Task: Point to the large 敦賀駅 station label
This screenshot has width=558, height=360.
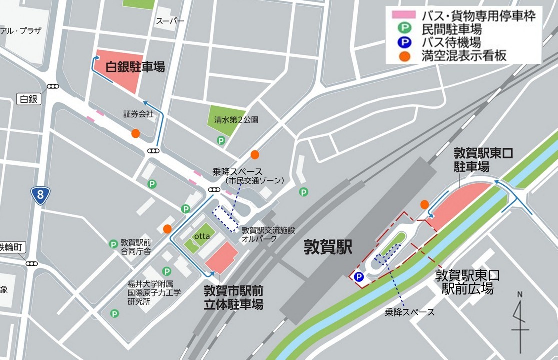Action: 328,247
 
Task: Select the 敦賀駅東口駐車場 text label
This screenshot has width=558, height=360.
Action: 483,159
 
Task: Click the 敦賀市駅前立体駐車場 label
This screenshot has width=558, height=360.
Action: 234,298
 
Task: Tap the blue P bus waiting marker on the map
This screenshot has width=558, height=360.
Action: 358,277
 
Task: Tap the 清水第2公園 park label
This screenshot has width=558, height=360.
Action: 236,120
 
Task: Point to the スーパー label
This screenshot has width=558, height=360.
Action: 170,21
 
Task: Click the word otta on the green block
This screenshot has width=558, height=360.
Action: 201,236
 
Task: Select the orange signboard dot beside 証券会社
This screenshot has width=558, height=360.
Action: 135,133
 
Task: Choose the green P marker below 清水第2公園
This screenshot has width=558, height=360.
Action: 221,141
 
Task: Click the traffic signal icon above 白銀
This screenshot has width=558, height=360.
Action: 53,87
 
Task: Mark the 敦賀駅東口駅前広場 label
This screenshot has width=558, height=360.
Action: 467,282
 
